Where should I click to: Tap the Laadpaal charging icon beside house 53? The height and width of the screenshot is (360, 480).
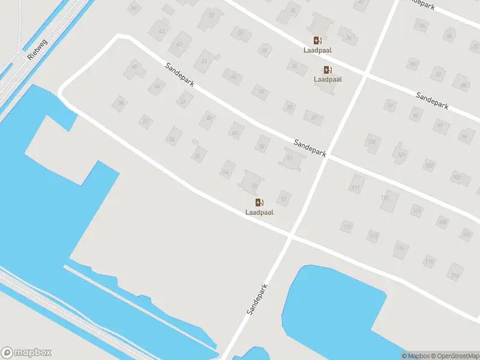click(259, 203)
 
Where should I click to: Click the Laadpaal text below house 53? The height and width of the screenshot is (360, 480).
click(259, 212)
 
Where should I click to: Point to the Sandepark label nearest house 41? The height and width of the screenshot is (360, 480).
click(180, 74)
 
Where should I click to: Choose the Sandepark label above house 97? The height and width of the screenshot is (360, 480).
click(432, 101)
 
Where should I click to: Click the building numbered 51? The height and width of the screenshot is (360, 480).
click(290, 158)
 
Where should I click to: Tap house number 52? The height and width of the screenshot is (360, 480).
click(284, 199)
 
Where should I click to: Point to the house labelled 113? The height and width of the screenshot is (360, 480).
click(373, 236)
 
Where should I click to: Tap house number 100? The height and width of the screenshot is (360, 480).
click(372, 142)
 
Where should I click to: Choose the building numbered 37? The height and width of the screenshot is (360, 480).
click(313, 116)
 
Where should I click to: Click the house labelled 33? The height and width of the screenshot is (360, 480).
click(241, 34)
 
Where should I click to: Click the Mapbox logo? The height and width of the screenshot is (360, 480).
click(26, 352)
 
